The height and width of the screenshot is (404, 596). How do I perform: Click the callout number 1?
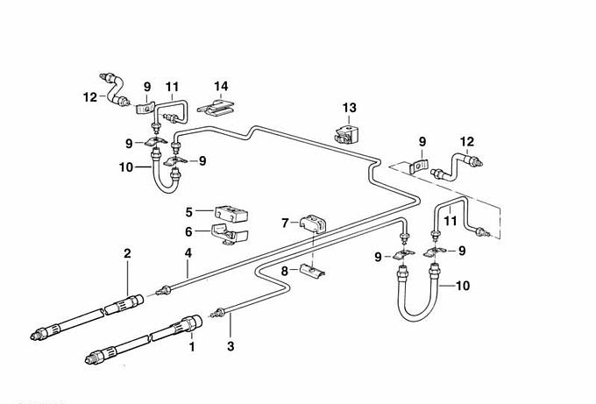click(192, 348)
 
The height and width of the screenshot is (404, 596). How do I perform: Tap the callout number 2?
click(128, 254)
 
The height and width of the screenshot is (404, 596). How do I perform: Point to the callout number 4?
click(188, 254)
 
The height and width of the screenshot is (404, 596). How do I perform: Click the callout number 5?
click(189, 212)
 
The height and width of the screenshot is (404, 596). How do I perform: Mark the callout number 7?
click(284, 223)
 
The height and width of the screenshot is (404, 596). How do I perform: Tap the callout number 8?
click(284, 273)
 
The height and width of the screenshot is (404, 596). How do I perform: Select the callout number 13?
click(350, 108)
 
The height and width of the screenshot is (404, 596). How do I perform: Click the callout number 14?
click(222, 86)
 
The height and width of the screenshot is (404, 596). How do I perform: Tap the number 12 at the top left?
click(90, 97)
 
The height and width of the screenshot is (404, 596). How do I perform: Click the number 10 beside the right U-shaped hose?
click(462, 286)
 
